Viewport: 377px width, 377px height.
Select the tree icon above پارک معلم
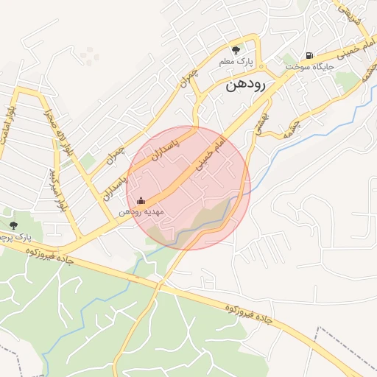236,50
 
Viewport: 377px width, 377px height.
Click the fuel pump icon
308,54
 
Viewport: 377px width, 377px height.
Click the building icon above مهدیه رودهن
141,200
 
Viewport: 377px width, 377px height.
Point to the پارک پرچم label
16,237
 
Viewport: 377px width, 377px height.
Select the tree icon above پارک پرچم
13,225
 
